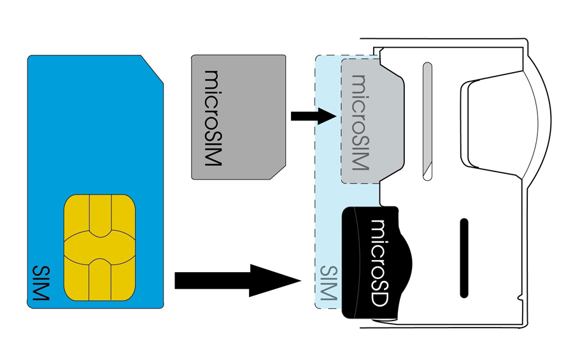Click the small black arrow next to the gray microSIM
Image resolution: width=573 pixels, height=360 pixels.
pyautogui.click(x=313, y=116)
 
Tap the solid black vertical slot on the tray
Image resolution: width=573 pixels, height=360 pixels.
pyautogui.click(x=463, y=257)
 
